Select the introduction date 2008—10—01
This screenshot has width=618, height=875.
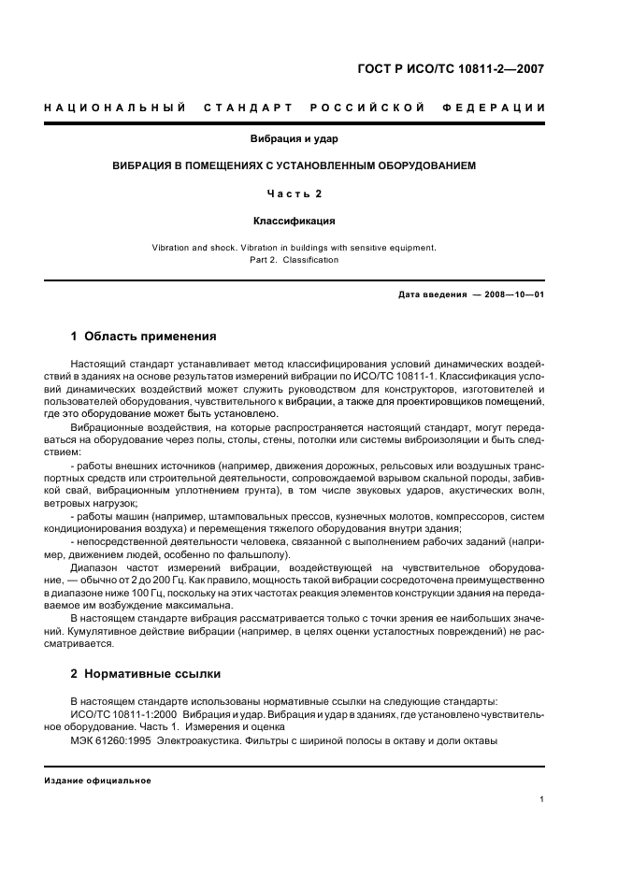[x=514, y=294]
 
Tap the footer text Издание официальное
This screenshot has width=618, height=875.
[x=97, y=781]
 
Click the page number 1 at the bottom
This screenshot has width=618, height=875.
[x=542, y=799]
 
